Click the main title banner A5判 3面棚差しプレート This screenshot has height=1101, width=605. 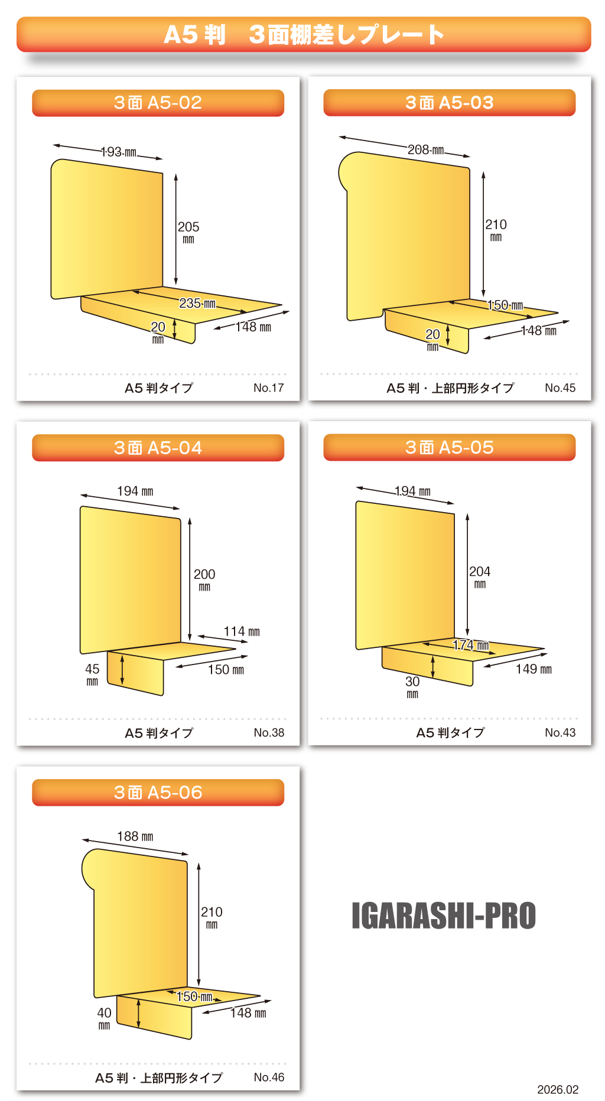pos(304,34)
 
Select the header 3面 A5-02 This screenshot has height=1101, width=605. pos(158,103)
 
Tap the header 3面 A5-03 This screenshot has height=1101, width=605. pos(450,103)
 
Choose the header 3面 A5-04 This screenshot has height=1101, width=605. pos(158,448)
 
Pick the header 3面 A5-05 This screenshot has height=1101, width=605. pos(450,447)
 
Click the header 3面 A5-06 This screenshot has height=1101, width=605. pos(158,792)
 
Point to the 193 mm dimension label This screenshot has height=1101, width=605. pos(119,152)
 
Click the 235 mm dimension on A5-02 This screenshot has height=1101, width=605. pos(197,303)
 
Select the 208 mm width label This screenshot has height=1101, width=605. pos(426,149)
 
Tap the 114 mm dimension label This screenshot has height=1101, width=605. pos(242,631)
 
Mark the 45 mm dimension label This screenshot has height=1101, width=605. pos(92,674)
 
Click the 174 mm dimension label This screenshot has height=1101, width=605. pos(471,645)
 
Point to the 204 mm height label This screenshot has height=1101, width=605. pos(480,576)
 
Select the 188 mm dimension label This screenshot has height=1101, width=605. pos(135,836)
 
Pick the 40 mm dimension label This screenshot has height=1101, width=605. pos(104,1018)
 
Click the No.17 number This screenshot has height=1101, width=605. pos(269,388)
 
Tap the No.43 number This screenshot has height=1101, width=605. pos(560,732)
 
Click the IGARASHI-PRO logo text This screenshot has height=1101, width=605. pos(444,916)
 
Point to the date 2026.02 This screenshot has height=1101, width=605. pos(558,1090)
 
